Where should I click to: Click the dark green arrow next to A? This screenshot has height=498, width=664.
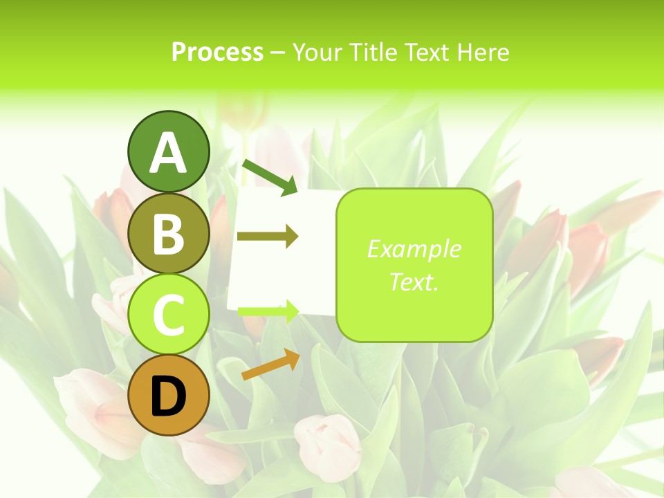pos(270,176)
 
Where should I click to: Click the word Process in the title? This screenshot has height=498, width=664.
pos(217,52)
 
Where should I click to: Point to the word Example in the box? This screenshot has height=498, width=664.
pos(414,249)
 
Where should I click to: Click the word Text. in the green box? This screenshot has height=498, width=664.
pos(414,282)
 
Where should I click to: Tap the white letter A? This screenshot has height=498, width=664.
pos(168,154)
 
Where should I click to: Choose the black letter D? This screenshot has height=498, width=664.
pos(168,397)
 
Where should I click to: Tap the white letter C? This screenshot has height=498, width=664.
pos(168,315)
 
